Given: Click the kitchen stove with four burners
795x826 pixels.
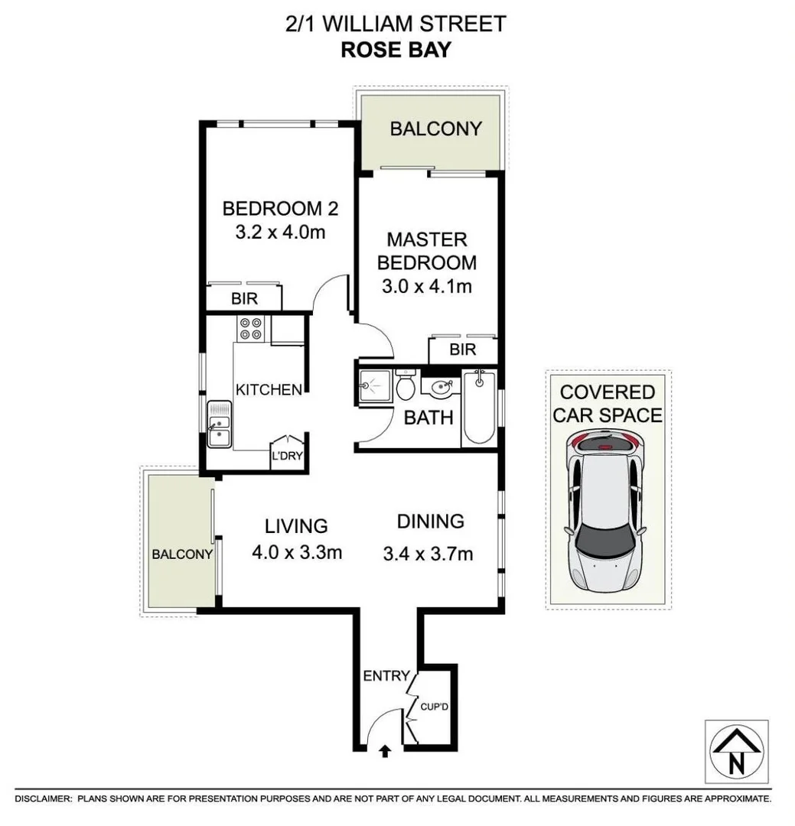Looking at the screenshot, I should (251, 328).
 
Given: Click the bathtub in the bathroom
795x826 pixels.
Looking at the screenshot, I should (480, 407).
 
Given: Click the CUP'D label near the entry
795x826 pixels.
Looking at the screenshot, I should (434, 707).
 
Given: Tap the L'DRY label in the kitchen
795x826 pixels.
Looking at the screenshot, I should (285, 457).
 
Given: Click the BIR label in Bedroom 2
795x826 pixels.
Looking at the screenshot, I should (245, 299).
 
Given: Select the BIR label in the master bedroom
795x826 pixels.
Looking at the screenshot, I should (463, 350).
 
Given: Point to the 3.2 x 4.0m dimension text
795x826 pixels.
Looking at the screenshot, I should (280, 232).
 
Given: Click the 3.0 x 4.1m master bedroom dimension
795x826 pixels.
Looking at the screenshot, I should (426, 287).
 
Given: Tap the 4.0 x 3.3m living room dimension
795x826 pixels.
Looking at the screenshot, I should (296, 551).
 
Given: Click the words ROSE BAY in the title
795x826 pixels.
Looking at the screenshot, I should (396, 50).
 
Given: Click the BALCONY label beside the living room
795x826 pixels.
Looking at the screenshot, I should (181, 554).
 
